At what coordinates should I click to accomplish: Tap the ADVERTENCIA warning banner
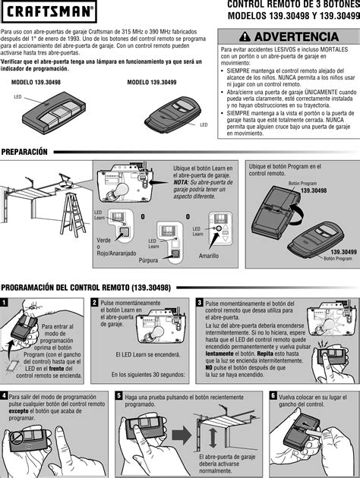pos(288,36)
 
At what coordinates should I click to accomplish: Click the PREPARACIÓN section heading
pos(24,152)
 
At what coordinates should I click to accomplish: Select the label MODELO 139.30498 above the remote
pos(39,81)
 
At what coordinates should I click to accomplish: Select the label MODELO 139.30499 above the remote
pos(153,81)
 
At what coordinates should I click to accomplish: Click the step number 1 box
pos(5,302)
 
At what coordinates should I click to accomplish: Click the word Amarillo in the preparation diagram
pos(208,257)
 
